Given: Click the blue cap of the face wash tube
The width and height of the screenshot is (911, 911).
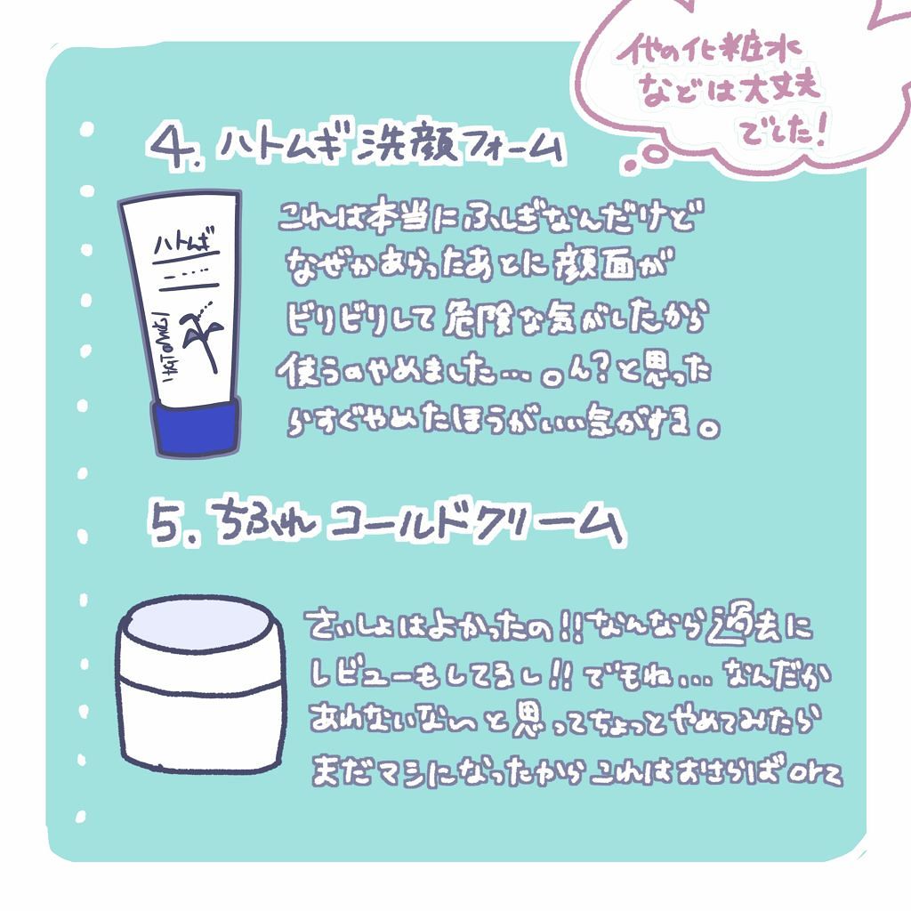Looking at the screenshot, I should point(197,424).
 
